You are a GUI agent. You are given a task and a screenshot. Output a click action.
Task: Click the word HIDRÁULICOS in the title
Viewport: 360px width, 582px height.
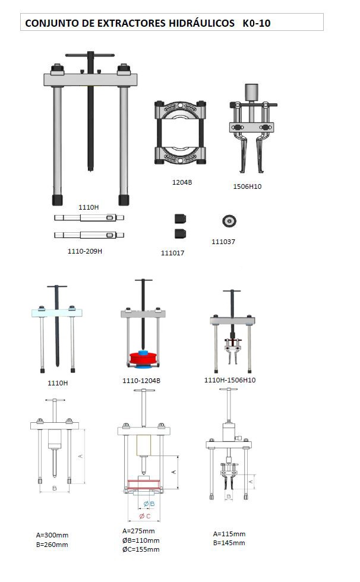(x=201, y=23)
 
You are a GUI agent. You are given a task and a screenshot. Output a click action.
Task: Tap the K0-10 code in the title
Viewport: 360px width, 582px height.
(x=257, y=23)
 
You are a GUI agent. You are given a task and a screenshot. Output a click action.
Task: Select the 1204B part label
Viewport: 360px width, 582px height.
(x=182, y=182)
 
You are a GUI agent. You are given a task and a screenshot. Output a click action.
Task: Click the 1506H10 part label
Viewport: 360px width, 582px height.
(x=247, y=186)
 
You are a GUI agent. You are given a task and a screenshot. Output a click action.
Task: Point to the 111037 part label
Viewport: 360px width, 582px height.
(x=223, y=242)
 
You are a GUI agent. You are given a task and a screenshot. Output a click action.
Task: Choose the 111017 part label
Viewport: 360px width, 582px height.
(x=172, y=253)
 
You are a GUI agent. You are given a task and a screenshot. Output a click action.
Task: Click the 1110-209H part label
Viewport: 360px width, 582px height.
(x=84, y=251)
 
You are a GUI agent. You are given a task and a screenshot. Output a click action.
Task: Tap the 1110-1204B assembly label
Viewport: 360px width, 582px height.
(x=141, y=381)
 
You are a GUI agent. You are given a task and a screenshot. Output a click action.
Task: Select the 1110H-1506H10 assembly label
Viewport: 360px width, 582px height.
(x=230, y=380)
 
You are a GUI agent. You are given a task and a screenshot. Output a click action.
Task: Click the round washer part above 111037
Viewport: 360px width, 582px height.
(x=229, y=221)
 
